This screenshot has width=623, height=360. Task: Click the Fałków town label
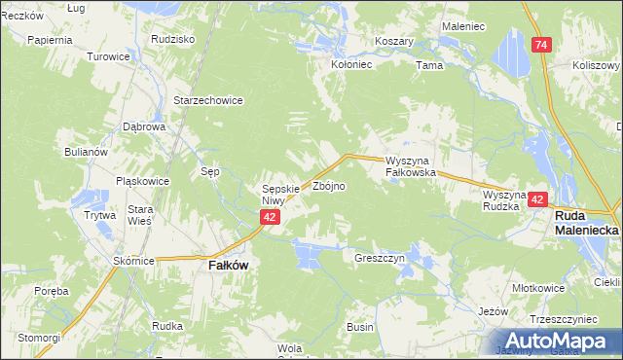tap(224, 264)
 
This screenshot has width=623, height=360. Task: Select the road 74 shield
tap(540, 45)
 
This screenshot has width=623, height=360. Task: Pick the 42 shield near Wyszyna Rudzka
tap(537, 198)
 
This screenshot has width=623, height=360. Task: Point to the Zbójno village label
tap(328, 185)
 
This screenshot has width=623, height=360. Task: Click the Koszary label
tap(395, 42)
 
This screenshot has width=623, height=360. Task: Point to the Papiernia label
tap(51, 41)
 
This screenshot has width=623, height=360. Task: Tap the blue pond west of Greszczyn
tap(306, 257)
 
